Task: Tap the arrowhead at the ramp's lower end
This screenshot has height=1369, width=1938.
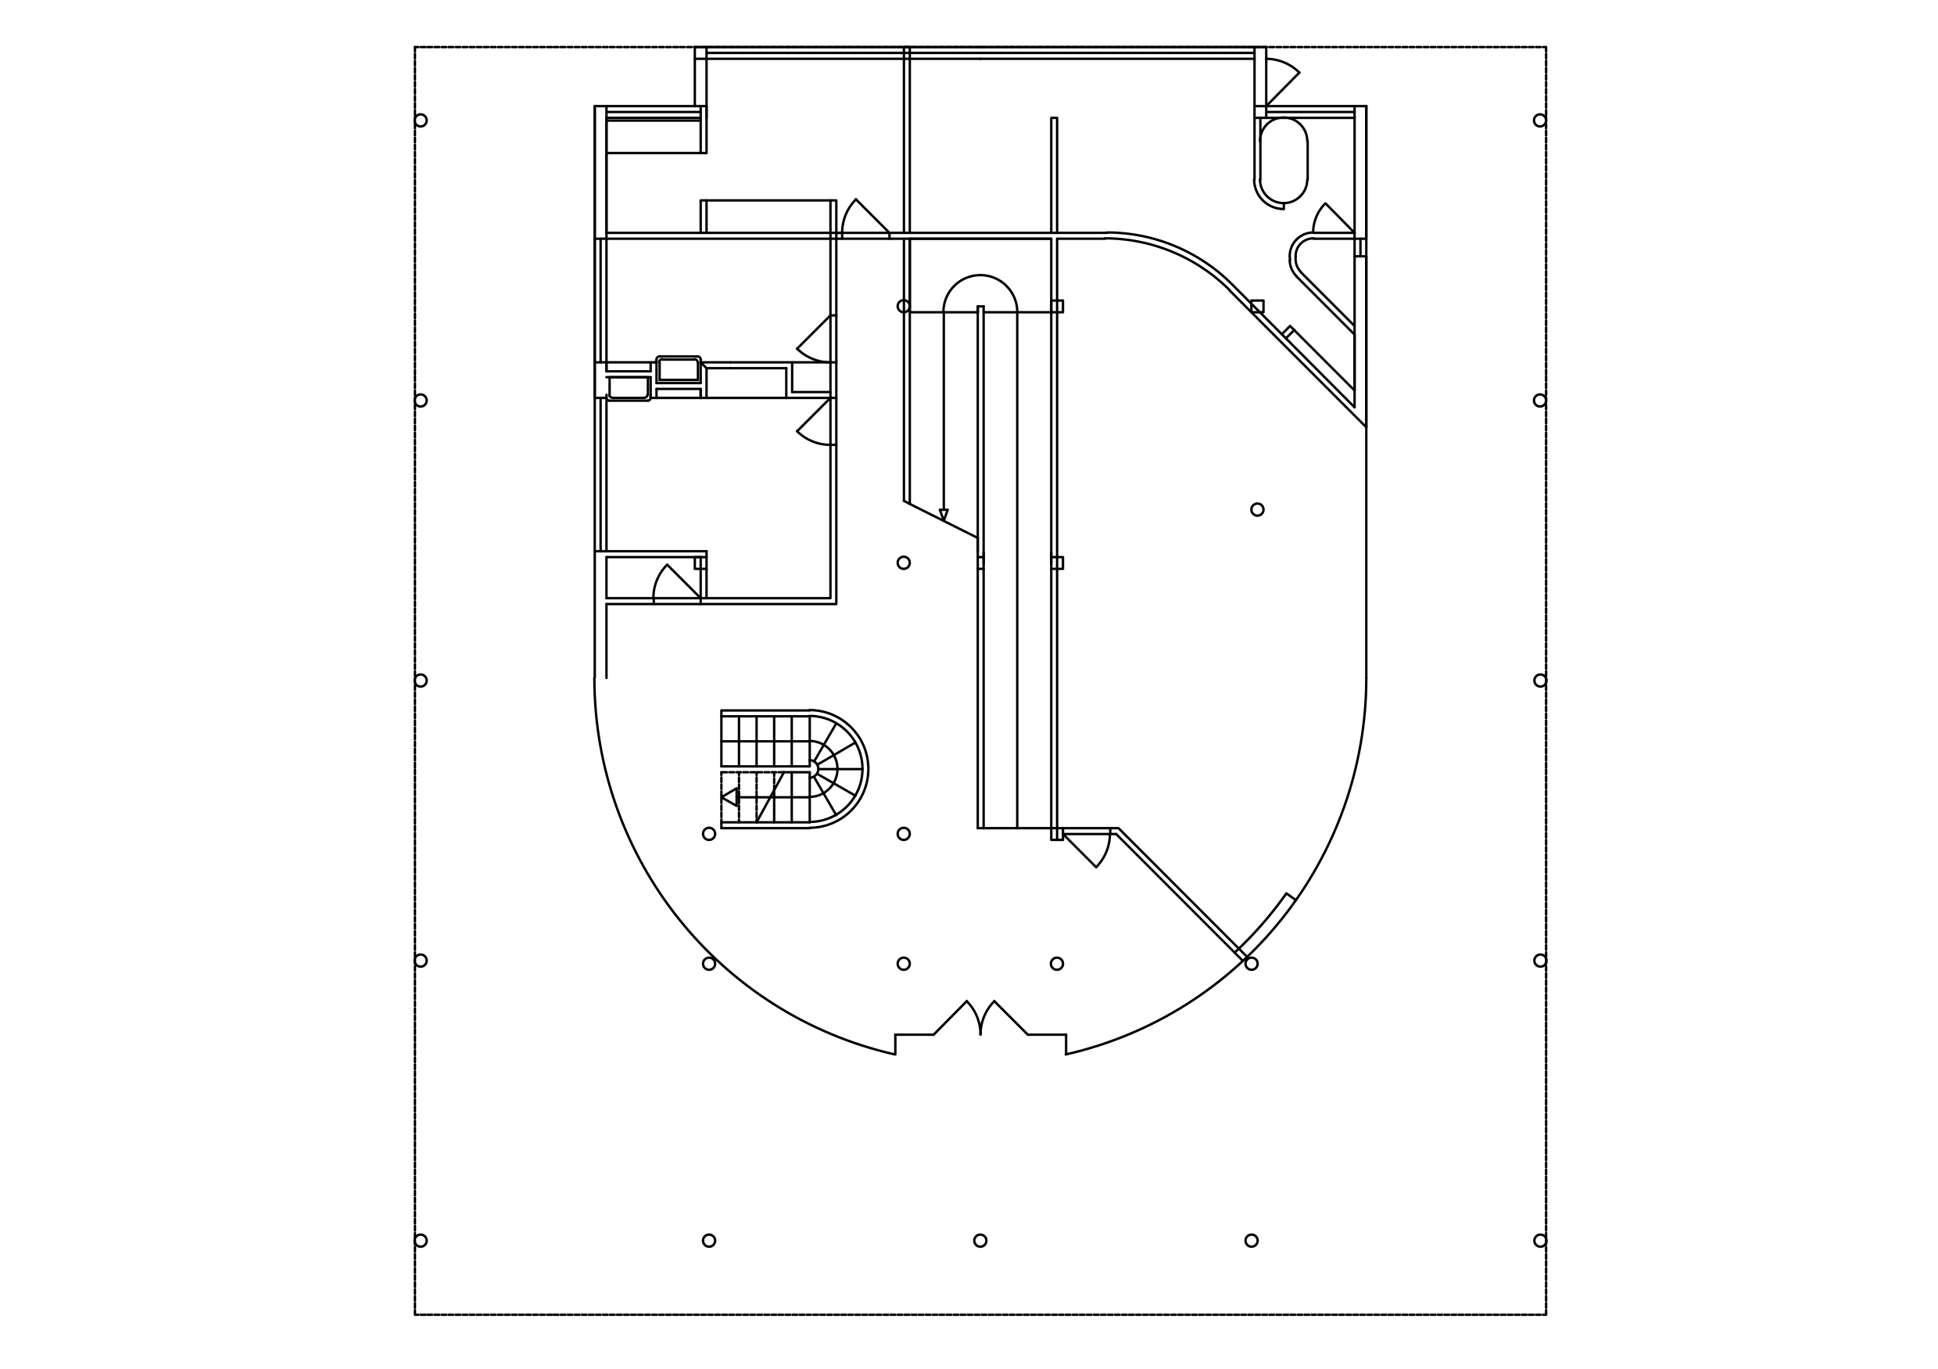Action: tap(944, 514)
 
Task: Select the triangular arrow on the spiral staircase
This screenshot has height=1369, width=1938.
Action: tap(730, 796)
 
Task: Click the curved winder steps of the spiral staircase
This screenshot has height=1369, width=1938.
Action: tap(836, 768)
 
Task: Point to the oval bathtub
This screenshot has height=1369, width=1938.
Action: tap(1283, 160)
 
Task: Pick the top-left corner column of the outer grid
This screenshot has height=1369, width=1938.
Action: tap(421, 120)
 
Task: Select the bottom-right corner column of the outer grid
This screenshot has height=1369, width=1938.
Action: tap(1539, 1241)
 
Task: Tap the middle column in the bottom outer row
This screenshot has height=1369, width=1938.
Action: tap(980, 1241)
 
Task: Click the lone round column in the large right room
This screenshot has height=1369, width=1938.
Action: tap(1257, 509)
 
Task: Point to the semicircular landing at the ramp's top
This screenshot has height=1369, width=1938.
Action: tap(980, 293)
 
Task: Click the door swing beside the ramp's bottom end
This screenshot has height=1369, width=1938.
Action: tap(1089, 848)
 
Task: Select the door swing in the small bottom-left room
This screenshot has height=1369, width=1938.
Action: tap(675, 584)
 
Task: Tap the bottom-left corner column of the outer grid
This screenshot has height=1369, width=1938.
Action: tap(421, 1241)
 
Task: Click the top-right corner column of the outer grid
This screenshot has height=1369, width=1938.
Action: tap(1539, 120)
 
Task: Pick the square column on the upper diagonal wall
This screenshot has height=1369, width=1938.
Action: tap(1257, 306)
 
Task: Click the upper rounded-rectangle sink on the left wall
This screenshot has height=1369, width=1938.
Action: tap(679, 369)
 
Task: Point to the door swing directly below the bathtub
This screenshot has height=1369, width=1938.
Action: tap(1332, 220)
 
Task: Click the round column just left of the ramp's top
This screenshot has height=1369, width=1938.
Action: tap(903, 306)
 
